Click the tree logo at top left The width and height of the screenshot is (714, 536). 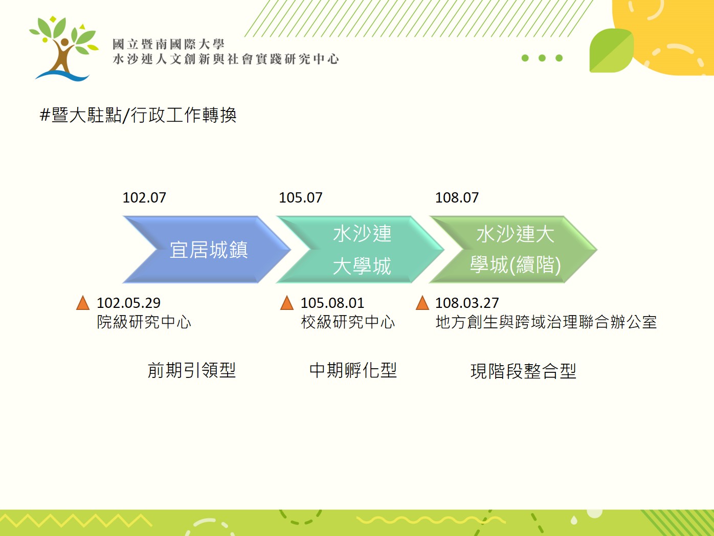click(64, 48)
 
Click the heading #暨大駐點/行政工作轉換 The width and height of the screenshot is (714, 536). click(138, 115)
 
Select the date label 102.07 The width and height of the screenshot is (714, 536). click(144, 198)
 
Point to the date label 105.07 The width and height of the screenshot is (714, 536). click(301, 198)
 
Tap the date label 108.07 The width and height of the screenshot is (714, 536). click(457, 198)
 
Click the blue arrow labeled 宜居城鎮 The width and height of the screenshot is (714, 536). click(207, 250)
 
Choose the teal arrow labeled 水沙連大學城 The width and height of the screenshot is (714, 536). click(360, 250)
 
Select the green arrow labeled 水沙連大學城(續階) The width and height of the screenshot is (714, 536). click(514, 250)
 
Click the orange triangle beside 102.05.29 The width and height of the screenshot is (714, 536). click(83, 303)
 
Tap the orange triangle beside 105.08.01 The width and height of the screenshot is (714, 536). click(287, 303)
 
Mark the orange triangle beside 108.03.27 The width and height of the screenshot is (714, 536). click(422, 303)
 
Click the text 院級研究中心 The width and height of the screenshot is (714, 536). click(144, 322)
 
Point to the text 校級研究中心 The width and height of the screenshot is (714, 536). click(348, 322)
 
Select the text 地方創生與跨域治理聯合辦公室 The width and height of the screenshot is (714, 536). click(546, 322)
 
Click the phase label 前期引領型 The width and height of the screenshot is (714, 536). click(192, 370)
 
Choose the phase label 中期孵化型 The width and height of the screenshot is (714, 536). click(353, 370)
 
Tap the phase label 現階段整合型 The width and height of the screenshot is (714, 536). click(523, 371)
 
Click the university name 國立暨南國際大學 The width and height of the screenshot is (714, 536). click(168, 44)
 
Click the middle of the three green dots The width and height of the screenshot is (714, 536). click(542, 58)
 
